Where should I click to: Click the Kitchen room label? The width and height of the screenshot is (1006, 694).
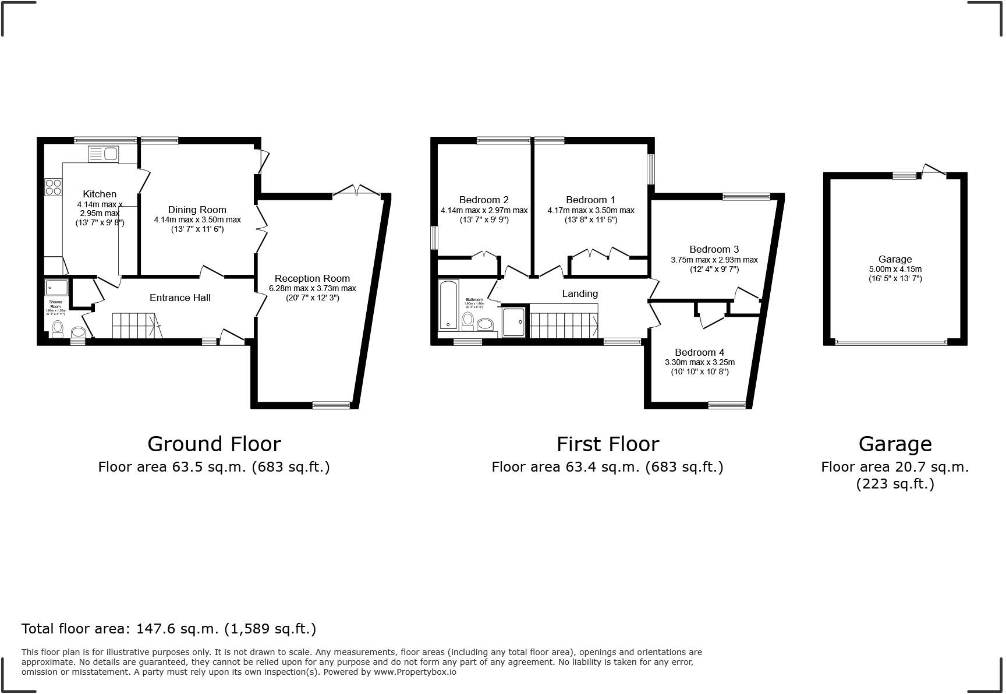100,194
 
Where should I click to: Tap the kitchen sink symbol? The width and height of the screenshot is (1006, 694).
103,154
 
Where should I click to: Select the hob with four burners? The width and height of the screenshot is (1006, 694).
54,187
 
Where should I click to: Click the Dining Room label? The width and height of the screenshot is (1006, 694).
197,210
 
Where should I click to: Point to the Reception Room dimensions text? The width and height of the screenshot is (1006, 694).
312,289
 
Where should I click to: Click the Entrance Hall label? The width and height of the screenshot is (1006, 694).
180,298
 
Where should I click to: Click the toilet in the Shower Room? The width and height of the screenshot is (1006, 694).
57,329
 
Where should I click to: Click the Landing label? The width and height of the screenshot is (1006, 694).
579,293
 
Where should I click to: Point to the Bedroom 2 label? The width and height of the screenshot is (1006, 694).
484,200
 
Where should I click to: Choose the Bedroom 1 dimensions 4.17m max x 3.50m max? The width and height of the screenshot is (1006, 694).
590,210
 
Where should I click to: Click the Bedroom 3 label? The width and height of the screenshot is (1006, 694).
714,249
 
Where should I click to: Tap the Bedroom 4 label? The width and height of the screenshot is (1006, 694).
699,352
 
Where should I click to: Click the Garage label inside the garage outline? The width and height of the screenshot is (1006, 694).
895,259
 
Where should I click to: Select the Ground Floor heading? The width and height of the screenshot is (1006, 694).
214,444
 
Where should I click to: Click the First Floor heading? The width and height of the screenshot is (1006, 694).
607,444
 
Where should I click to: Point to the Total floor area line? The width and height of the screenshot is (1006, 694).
169,629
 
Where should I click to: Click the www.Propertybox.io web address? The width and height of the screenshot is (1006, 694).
415,672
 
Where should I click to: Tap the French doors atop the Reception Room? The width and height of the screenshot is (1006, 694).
356,190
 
